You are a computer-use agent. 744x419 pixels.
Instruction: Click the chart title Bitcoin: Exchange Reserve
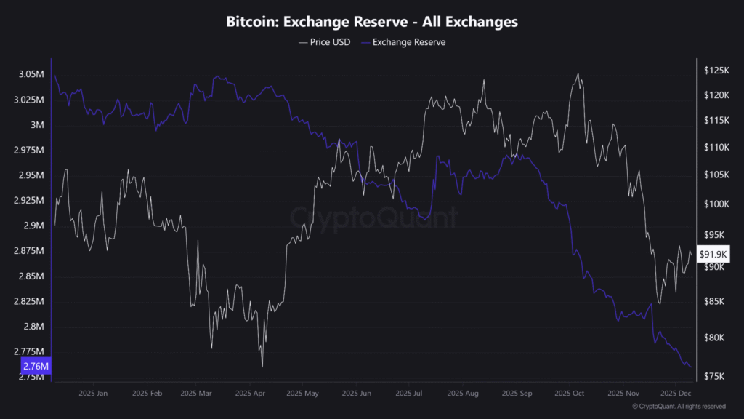pos(372,22)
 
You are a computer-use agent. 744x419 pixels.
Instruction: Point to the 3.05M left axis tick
pos(31,74)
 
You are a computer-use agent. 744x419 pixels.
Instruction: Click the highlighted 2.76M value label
pos(35,366)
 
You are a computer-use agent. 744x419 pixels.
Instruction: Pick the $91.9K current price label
pos(713,254)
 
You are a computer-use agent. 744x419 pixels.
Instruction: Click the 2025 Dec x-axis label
pos(675,393)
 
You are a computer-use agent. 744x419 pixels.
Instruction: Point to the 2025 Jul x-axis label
pos(409,393)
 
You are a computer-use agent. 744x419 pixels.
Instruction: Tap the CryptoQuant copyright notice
pos(679,407)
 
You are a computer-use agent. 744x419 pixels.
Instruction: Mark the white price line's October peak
pos(578,73)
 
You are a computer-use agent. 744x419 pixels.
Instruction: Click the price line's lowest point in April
pos(262,367)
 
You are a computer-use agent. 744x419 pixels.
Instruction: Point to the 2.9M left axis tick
pos(33,226)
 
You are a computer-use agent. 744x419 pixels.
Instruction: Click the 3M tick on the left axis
pos(38,124)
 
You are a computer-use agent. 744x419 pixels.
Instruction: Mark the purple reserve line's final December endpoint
pos(690,367)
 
